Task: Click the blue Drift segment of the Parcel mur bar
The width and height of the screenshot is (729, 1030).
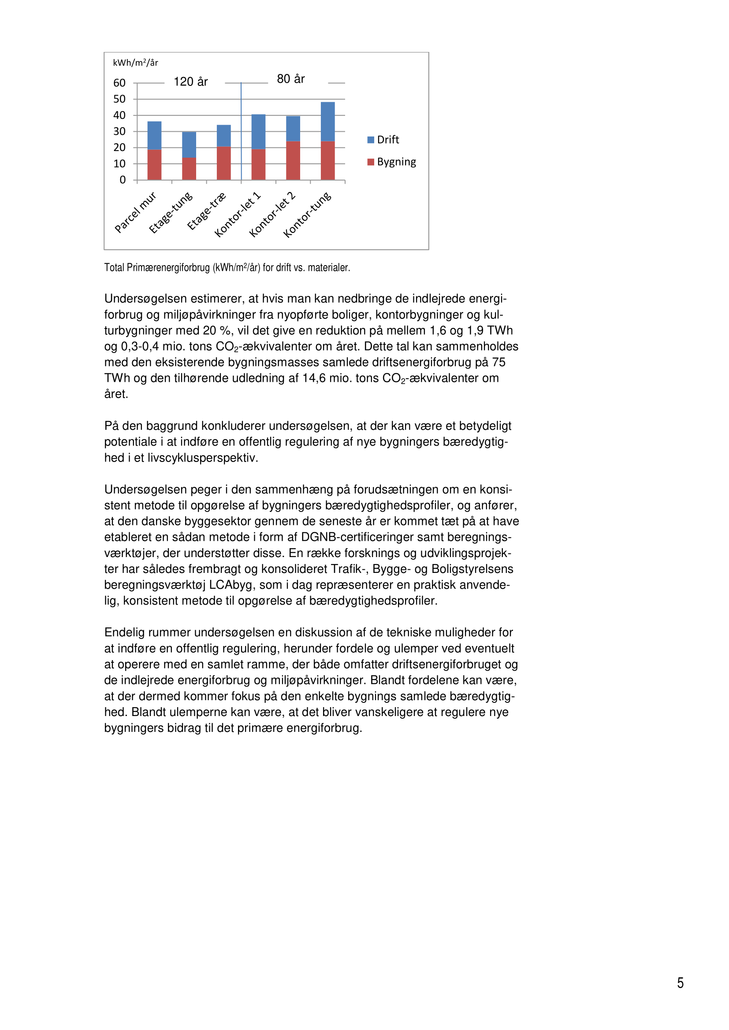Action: click(154, 136)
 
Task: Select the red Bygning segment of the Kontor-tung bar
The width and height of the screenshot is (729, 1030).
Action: click(327, 161)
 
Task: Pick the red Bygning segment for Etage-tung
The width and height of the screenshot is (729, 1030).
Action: click(189, 169)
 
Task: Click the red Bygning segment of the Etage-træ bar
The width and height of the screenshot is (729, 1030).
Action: click(223, 163)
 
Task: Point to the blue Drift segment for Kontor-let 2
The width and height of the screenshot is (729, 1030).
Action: click(293, 129)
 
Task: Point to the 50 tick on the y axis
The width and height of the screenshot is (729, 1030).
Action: click(119, 99)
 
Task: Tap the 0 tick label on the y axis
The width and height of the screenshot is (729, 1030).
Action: click(123, 180)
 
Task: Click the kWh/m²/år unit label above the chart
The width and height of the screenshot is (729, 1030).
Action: click(135, 63)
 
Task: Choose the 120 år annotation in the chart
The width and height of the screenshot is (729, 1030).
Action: click(191, 81)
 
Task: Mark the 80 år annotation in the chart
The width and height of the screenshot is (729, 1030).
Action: click(291, 79)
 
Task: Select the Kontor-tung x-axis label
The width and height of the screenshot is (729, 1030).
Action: click(308, 214)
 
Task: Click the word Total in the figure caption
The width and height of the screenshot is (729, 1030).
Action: click(114, 268)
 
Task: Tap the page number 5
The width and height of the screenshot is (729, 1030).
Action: click(681, 983)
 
